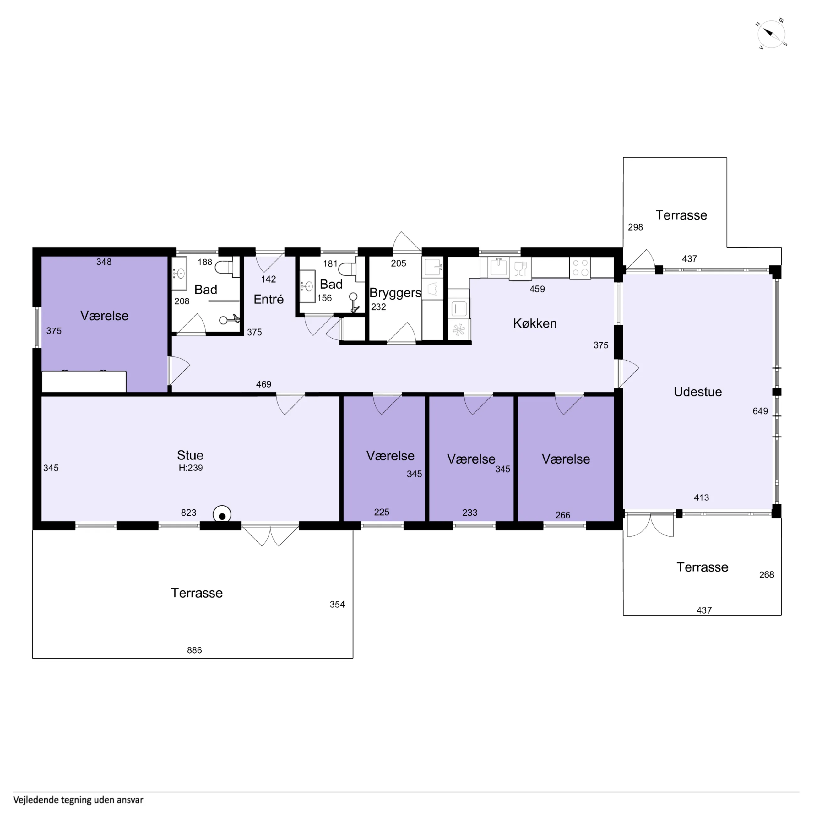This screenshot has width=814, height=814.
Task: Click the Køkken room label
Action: pos(535,323)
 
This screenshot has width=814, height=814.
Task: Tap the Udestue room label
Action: pos(698,392)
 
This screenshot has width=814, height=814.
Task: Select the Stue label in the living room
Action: pos(190,455)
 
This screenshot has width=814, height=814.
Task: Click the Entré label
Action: pos(269,299)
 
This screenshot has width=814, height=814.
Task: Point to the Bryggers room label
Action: pos(395,293)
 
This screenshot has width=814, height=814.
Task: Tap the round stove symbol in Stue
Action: pos(222,515)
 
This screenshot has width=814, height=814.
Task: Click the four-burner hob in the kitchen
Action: pos(580,268)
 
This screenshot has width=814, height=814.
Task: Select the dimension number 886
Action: pos(194,650)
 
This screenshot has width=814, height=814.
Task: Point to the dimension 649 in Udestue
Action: pos(761,411)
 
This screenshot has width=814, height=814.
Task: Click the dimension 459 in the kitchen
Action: pos(537,289)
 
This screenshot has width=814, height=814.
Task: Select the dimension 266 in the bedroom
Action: pos(563,515)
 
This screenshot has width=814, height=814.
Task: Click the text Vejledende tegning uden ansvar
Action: pos(79,800)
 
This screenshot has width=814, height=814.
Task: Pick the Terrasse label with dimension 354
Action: pos(197,593)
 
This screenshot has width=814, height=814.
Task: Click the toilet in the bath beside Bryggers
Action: pos(349,269)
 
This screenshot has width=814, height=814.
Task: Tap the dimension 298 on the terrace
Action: pos(635,227)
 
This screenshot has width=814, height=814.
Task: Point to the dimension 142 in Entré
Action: pos(269,279)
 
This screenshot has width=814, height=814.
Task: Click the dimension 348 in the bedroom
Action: pos(104,262)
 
